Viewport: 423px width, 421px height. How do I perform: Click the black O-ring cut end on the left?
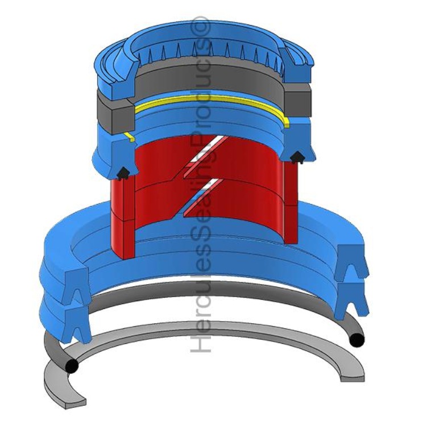click(x=72, y=366)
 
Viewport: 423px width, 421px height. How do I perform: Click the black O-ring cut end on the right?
click(x=356, y=340)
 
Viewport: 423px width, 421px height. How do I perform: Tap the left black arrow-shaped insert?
click(x=123, y=173)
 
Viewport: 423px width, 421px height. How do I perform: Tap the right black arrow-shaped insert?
click(x=297, y=157)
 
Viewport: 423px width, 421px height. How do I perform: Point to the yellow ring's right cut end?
click(x=287, y=123)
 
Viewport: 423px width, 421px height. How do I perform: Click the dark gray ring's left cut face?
click(x=123, y=115)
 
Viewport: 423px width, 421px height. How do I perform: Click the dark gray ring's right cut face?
click(x=298, y=100)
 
